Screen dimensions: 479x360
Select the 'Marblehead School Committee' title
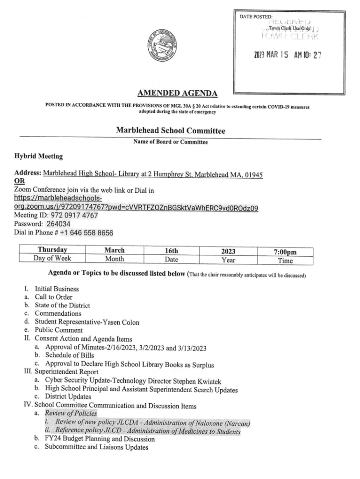click(x=170, y=131)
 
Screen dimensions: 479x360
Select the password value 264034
click(x=59, y=224)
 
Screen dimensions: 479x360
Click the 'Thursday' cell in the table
click(x=52, y=250)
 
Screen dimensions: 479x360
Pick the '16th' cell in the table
click(x=171, y=250)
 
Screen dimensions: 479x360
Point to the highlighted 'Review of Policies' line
click(x=71, y=414)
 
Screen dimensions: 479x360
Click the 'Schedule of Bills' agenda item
click(x=73, y=356)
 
